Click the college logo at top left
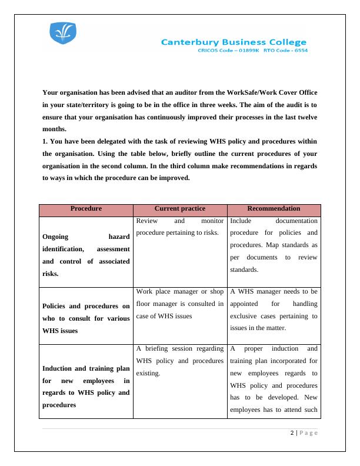pos(63,35)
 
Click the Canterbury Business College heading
pos(234,42)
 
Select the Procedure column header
pos(86,209)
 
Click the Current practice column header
pos(179,209)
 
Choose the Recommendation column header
pos(274,209)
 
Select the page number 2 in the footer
pos(292,434)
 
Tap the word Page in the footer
pos(308,434)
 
